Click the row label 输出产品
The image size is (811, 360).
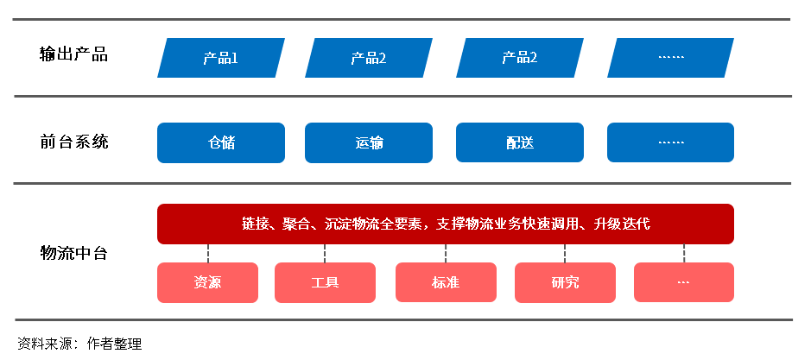point(73,54)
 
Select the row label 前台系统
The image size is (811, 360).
point(73,142)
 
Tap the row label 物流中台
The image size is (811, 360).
point(73,253)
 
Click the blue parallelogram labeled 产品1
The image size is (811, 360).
point(221,58)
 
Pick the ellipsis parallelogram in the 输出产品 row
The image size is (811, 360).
point(670,58)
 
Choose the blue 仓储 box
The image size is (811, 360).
point(221,142)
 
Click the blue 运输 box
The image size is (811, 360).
point(369,142)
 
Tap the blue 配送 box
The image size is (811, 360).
point(519,142)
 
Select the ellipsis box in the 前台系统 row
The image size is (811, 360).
point(670,142)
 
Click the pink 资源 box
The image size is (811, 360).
point(207,282)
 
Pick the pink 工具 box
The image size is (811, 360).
point(325,282)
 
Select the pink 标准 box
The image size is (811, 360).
point(446,282)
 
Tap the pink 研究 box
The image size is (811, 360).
point(565,282)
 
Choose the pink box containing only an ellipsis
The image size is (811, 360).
point(683,282)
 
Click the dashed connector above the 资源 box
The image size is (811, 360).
point(208,253)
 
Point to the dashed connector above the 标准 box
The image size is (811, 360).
point(446,253)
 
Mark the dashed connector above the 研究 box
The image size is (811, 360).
point(565,253)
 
